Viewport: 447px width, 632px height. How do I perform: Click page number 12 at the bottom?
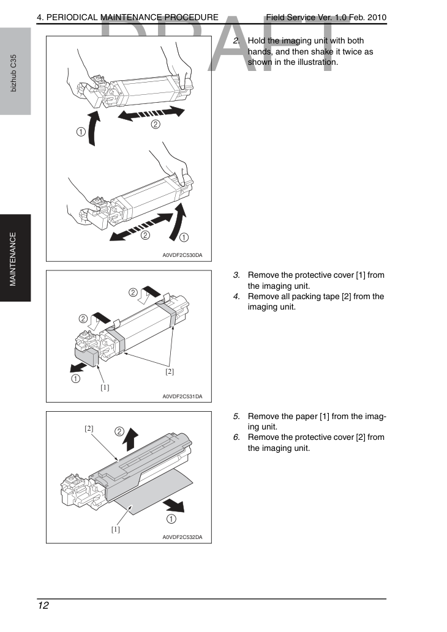pos(43,605)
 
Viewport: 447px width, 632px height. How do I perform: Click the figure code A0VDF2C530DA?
pos(182,255)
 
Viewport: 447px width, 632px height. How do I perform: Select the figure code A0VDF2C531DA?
pos(182,396)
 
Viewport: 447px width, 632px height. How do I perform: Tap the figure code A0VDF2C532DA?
pos(182,537)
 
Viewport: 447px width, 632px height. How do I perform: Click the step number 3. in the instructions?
pos(236,275)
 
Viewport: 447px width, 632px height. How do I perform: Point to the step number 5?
pos(236,417)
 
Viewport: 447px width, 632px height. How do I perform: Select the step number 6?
pos(236,437)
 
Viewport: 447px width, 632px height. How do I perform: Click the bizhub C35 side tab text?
pos(13,73)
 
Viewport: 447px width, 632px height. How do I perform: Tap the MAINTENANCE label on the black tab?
pos(13,259)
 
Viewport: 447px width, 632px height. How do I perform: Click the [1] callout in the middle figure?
pos(105,387)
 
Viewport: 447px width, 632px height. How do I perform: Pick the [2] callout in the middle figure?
pos(170,371)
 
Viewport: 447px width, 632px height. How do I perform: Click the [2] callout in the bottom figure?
pos(89,428)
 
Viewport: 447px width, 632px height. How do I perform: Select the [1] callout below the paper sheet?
pos(116,529)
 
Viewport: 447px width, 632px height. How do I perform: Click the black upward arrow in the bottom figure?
pos(130,439)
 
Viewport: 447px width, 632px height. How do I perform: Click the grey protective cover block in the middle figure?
pos(87,356)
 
